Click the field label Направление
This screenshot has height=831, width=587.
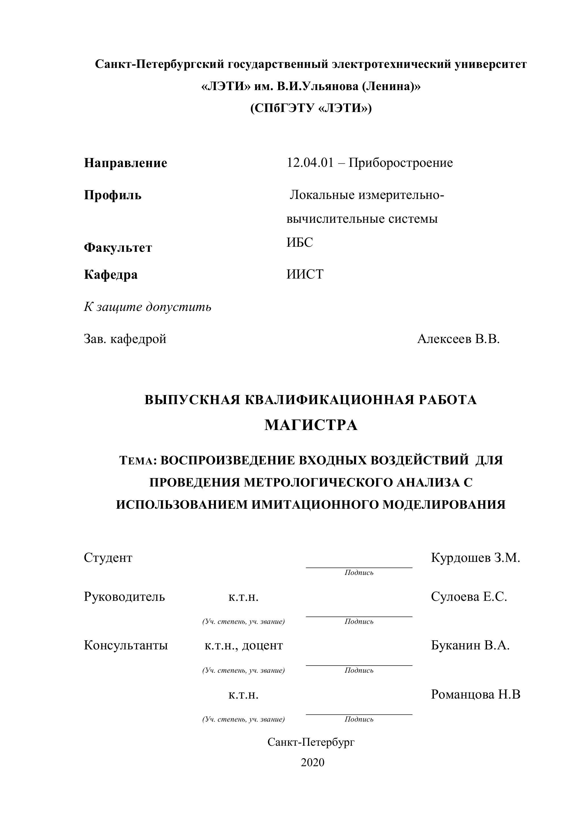tap(126, 163)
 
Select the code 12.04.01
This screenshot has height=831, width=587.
tap(310, 163)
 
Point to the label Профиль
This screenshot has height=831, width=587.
tap(113, 196)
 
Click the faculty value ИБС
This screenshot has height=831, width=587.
tap(300, 242)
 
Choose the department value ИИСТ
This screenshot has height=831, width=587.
tap(305, 274)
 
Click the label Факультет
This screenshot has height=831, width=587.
tap(118, 248)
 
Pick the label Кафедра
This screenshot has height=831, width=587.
tap(111, 275)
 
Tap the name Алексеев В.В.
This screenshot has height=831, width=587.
tap(458, 339)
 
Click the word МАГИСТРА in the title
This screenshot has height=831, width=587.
tap(311, 425)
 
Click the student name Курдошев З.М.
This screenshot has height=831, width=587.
tap(475, 558)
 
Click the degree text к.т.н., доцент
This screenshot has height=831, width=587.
tap(243, 645)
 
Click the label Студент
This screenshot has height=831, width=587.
tap(108, 558)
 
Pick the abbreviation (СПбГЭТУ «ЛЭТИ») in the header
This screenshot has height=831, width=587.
tap(311, 108)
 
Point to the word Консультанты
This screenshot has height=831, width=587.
tap(126, 645)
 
